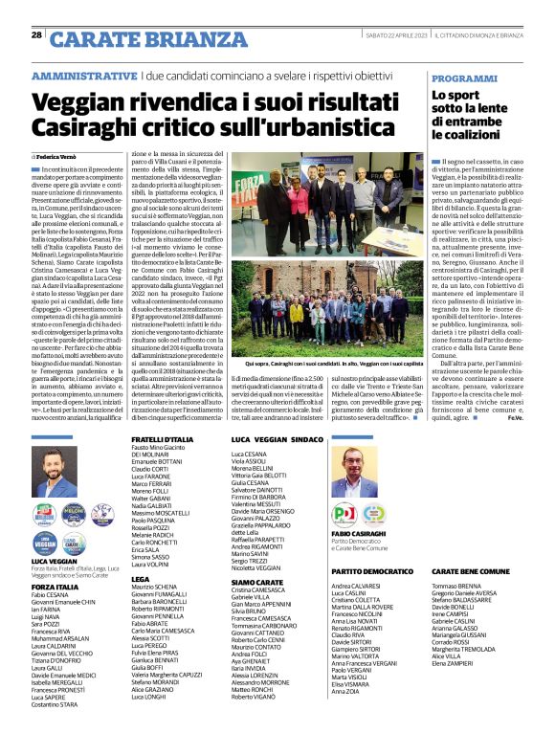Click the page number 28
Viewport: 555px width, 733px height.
coord(37,35)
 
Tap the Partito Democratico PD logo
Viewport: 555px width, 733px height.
coord(343,515)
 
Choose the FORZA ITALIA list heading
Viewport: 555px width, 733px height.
coord(55,587)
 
